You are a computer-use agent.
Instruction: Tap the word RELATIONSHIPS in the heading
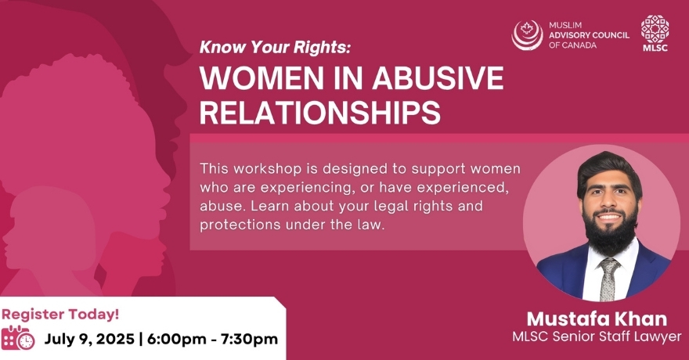[320, 112]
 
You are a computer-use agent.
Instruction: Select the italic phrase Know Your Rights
[276, 48]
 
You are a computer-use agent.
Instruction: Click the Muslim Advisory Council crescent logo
[527, 35]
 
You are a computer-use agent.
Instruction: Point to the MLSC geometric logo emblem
[655, 29]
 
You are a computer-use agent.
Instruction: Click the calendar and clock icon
[18, 338]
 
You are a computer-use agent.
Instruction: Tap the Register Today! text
[60, 315]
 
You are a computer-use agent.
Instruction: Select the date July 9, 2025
[89, 340]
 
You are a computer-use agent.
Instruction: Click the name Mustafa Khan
[597, 319]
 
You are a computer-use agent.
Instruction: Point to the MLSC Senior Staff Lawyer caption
[597, 337]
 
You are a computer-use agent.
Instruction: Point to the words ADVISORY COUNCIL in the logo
[589, 35]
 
